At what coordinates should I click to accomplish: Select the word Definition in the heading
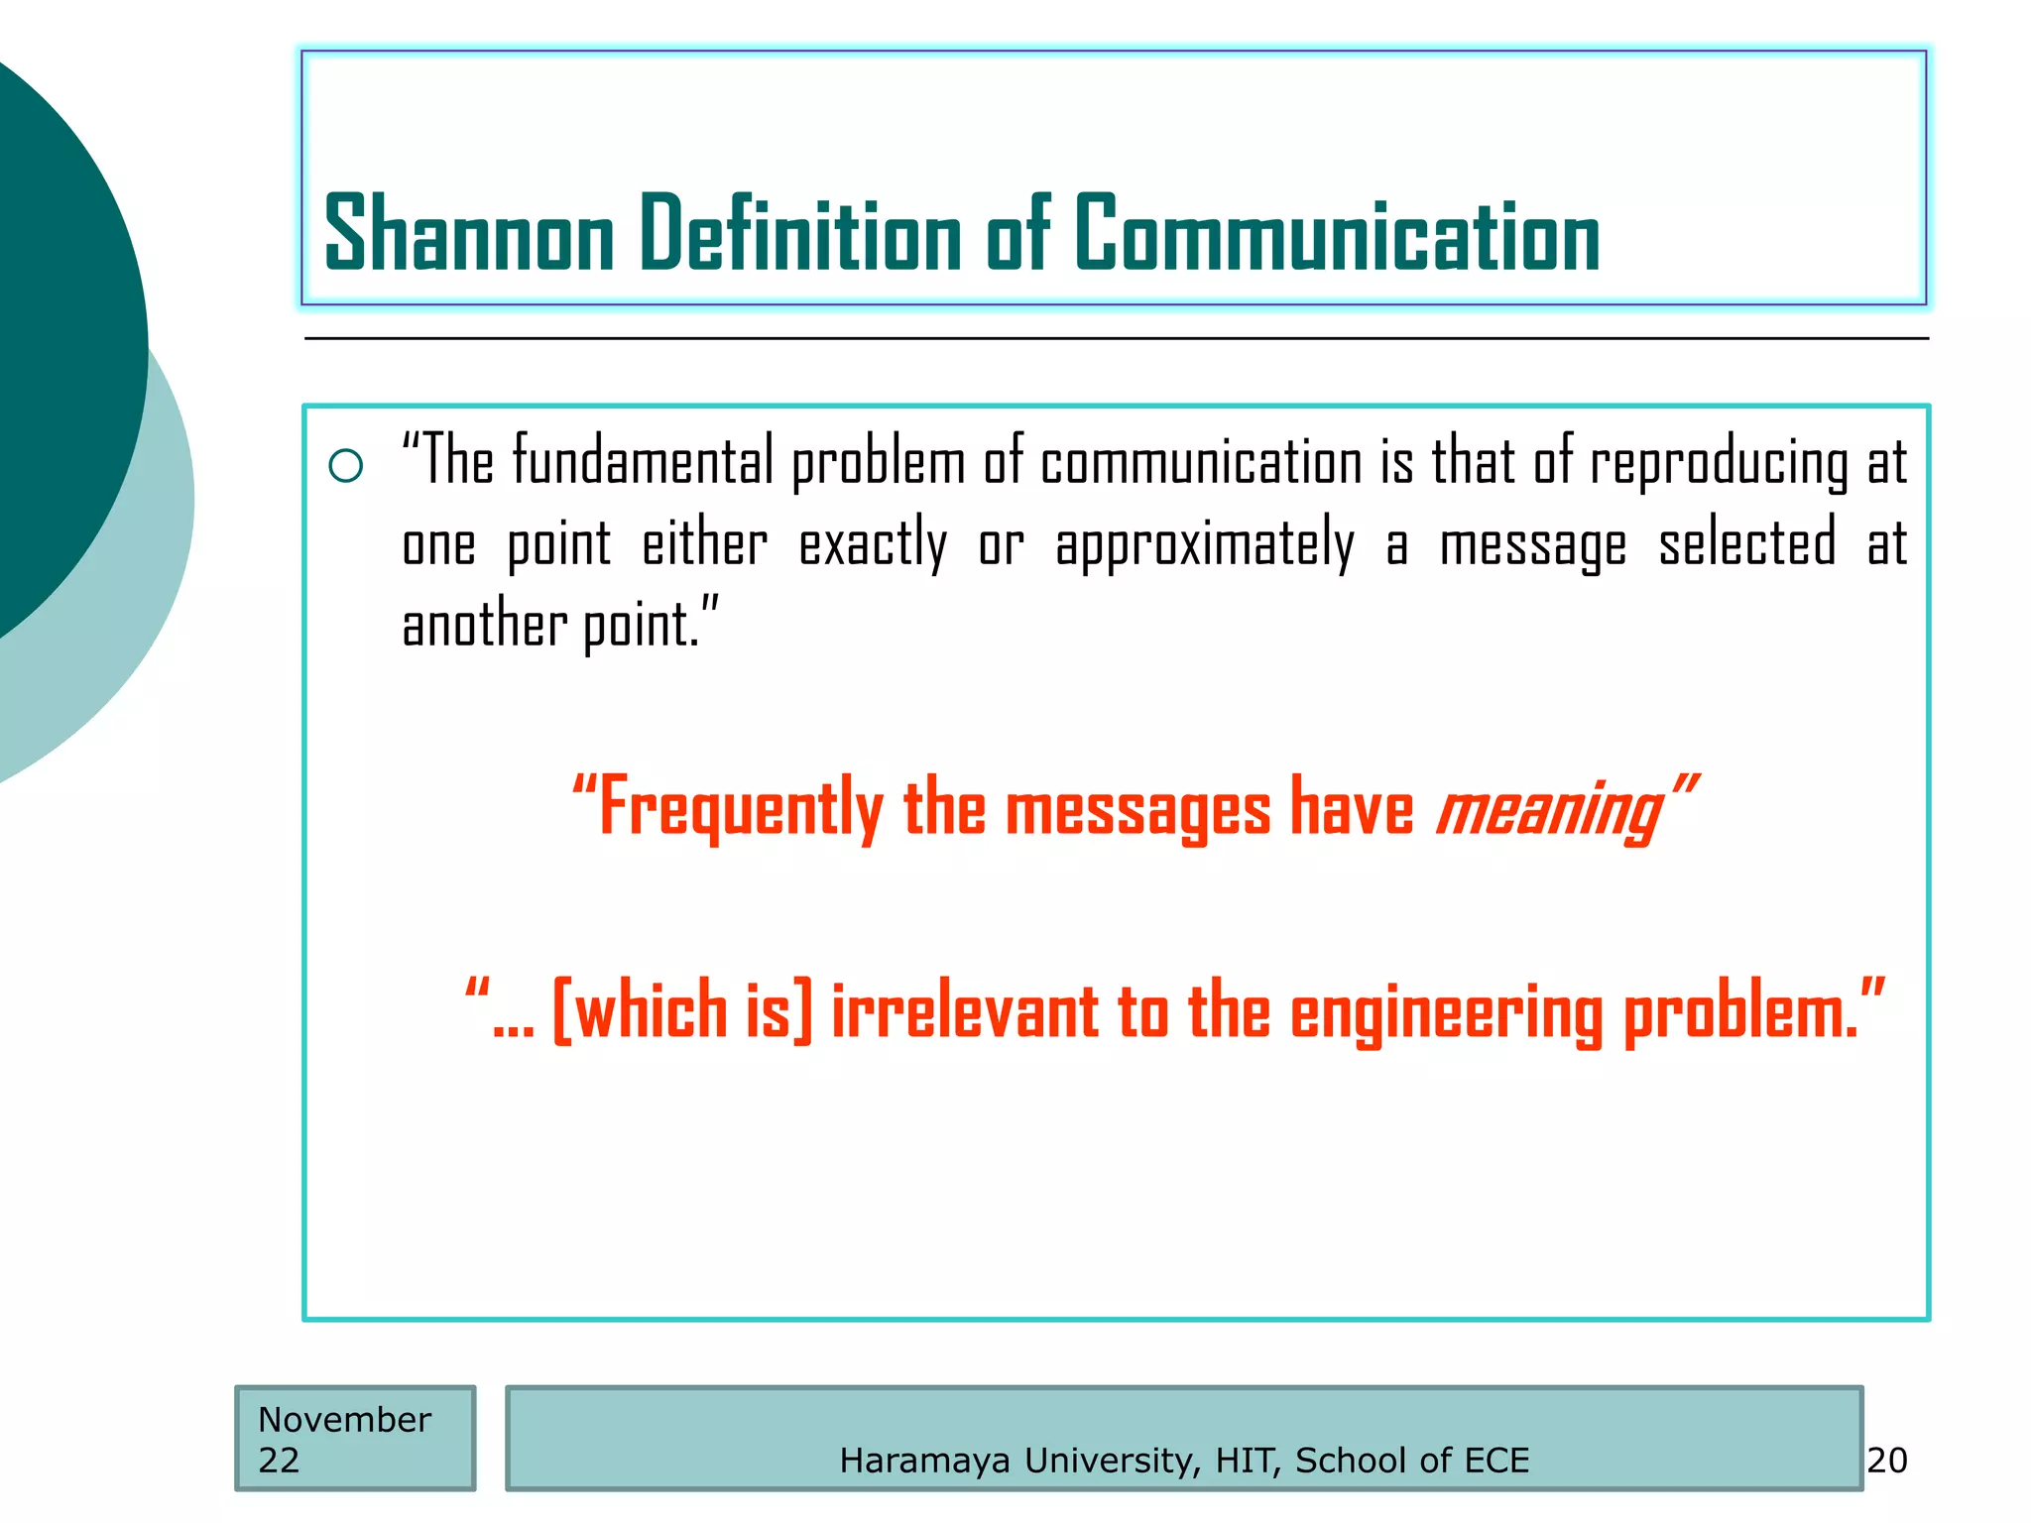800,234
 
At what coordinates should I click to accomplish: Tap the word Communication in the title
1337,234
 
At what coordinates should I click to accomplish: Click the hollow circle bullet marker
345,465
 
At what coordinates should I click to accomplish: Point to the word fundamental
642,462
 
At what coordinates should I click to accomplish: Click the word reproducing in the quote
1719,464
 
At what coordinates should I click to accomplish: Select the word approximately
1204,545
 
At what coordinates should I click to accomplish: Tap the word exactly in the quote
873,545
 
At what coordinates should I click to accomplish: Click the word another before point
483,625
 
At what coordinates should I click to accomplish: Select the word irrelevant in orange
964,1011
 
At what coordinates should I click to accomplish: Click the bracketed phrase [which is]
682,1011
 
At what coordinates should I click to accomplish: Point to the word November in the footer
344,1420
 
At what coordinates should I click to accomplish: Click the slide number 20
1886,1461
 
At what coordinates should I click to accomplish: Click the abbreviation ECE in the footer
1495,1461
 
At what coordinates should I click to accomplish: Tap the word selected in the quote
1746,543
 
